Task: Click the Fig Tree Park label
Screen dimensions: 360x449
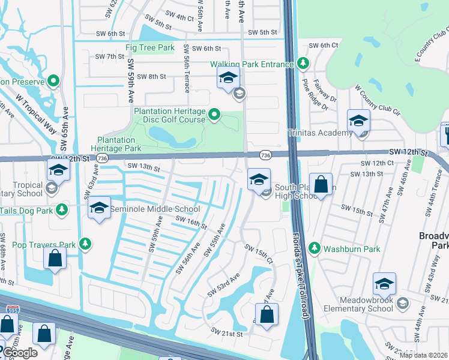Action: click(149, 47)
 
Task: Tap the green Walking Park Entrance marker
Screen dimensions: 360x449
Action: click(303, 64)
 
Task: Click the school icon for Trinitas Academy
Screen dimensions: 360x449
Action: click(358, 122)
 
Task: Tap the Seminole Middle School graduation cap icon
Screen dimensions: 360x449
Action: click(99, 208)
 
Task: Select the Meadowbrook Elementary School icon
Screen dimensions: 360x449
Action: click(384, 284)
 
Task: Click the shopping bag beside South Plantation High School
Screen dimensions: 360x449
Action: click(321, 185)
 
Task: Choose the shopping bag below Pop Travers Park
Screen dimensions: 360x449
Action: click(55, 259)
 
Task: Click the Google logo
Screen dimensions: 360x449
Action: click(19, 353)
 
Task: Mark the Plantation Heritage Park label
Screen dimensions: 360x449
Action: click(116, 144)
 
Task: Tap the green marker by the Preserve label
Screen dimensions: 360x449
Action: click(53, 80)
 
